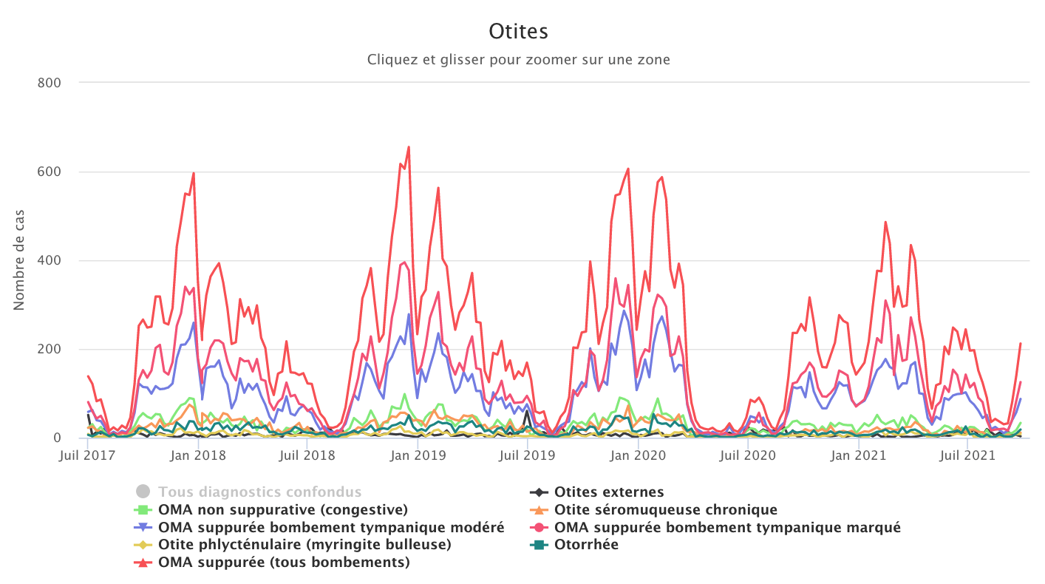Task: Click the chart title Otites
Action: click(x=519, y=32)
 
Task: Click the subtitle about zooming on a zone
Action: click(x=519, y=59)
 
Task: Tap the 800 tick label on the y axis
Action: click(x=49, y=83)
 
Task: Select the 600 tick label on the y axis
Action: click(x=49, y=172)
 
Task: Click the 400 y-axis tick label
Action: click(x=49, y=260)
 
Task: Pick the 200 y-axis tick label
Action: click(x=49, y=349)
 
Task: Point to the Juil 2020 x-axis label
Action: click(x=749, y=455)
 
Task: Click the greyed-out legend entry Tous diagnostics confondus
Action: click(x=259, y=492)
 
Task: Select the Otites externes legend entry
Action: click(x=609, y=492)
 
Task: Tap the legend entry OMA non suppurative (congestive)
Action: click(x=283, y=509)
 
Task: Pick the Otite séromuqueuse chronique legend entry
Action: click(x=665, y=509)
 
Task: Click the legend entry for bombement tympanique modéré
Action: click(x=331, y=527)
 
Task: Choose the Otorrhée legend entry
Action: click(x=586, y=545)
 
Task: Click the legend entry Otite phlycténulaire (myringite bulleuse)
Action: click(x=304, y=545)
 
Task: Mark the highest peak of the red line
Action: click(x=409, y=147)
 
